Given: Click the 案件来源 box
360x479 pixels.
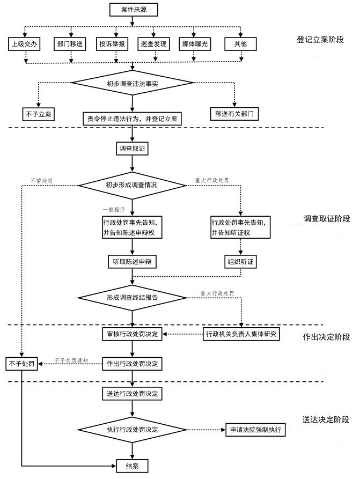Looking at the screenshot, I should click(131, 9).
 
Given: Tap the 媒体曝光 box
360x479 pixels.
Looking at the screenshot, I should click(194, 44).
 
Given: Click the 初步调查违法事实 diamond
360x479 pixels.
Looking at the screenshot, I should click(131, 83).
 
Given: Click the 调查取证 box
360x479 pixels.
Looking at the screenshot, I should click(131, 148).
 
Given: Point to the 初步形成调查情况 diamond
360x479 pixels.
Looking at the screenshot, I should click(131, 185).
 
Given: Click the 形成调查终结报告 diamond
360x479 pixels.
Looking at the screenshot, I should click(131, 296).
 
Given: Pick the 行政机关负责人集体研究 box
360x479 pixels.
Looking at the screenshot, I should click(242, 334).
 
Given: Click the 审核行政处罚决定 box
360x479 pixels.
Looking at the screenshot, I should click(132, 334).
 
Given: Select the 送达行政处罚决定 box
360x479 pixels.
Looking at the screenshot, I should click(132, 393).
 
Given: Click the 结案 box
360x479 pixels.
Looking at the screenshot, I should click(131, 465).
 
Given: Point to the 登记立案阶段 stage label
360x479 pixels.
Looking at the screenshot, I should click(320, 40).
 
